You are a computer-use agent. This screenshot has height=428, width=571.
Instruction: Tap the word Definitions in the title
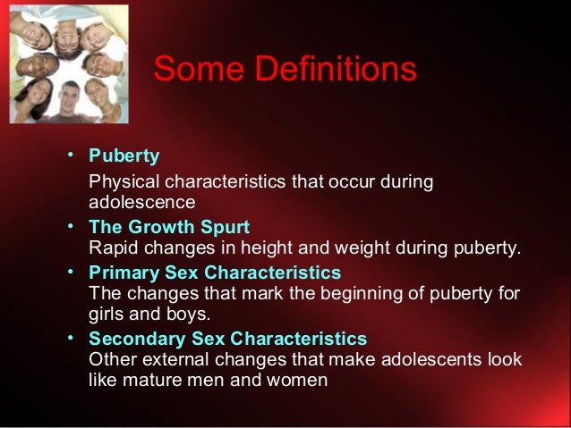click(331, 70)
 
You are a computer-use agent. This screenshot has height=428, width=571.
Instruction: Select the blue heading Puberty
click(124, 156)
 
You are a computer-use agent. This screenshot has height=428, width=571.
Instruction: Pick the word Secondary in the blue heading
click(133, 340)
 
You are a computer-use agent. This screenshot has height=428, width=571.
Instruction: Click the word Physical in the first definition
click(122, 183)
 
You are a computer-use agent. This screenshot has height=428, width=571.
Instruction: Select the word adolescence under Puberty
click(142, 203)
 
